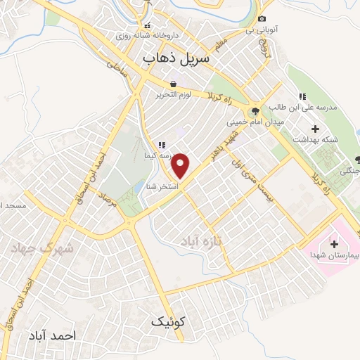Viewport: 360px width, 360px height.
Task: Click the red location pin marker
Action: [x=181, y=165]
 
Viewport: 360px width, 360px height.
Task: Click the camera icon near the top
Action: [x=262, y=19]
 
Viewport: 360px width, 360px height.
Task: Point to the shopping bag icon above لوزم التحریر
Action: [x=174, y=84]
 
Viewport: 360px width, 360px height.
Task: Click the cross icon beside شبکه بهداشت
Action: [x=314, y=129]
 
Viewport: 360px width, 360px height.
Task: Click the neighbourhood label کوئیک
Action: [x=169, y=321]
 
